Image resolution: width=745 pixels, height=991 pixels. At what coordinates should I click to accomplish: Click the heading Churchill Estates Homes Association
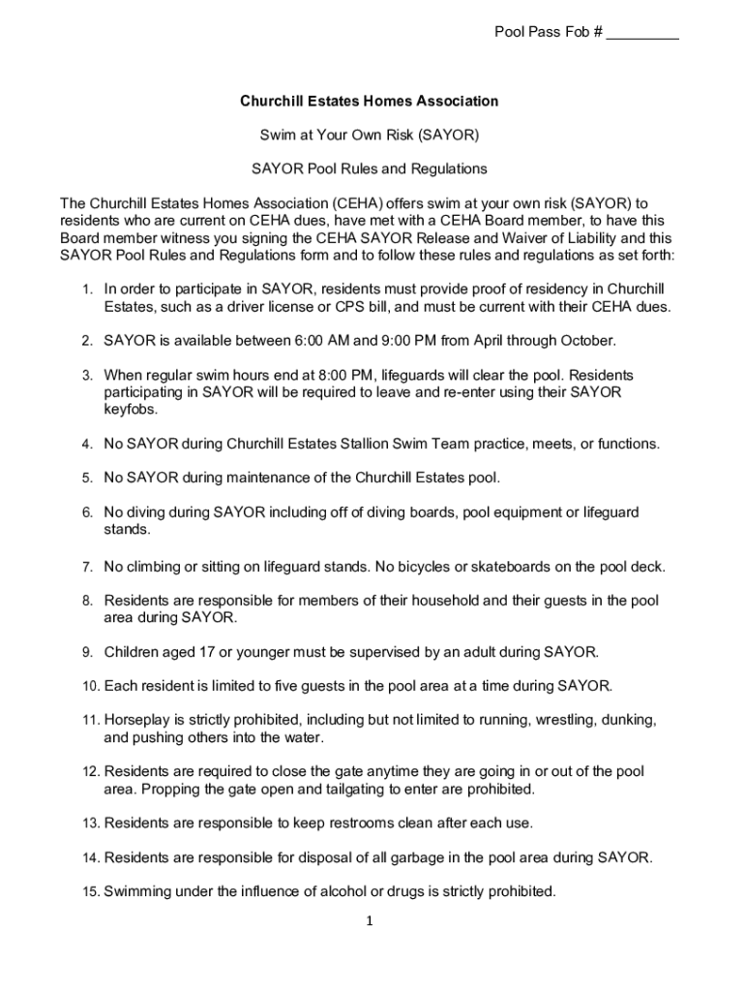[370, 101]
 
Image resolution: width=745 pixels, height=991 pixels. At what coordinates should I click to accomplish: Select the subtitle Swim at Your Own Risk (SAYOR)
[370, 135]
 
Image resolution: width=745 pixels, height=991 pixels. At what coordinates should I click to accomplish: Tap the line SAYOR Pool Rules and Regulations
[370, 168]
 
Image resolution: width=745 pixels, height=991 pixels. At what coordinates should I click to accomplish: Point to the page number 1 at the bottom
[370, 922]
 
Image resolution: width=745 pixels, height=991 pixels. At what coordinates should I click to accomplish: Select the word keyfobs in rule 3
[128, 409]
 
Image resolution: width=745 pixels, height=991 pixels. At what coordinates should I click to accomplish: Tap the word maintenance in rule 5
[269, 477]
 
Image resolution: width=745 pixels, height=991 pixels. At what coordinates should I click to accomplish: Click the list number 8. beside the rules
[86, 601]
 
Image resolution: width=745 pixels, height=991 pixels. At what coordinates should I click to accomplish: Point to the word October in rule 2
[584, 341]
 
